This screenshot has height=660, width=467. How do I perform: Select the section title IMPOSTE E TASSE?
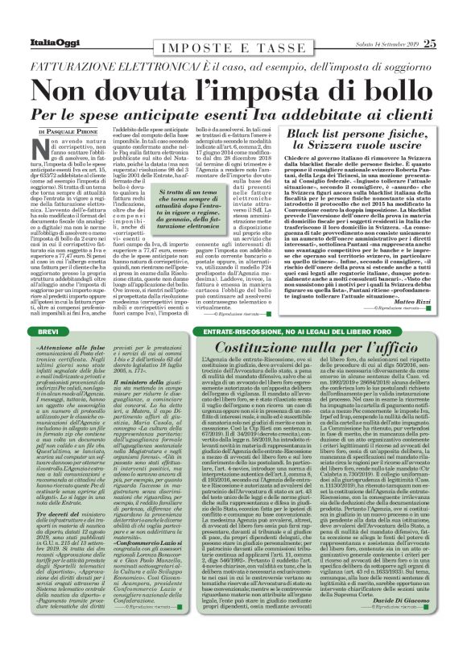point(233,26)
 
